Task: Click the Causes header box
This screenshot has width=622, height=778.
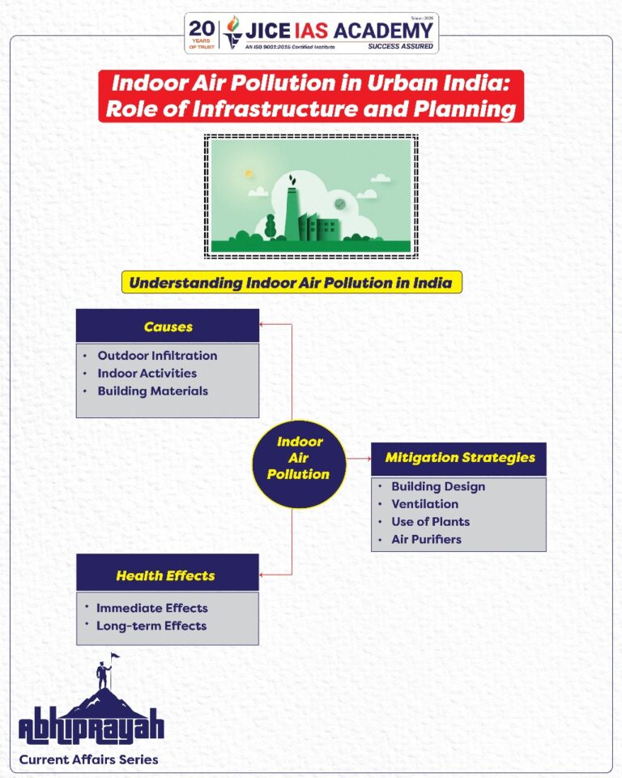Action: (168, 326)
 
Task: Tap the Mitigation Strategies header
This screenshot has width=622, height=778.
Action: (459, 458)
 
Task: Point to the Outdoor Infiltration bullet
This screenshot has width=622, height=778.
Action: (157, 356)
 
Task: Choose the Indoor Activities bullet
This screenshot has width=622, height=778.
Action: (147, 374)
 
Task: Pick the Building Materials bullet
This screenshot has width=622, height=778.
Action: (152, 391)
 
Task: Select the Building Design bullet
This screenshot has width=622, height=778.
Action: (438, 487)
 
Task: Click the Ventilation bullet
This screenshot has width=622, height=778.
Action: (424, 504)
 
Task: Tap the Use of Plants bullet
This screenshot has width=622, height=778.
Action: (430, 522)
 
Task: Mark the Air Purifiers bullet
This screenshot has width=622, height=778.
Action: (426, 540)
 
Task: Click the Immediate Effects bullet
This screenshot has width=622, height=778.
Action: (151, 609)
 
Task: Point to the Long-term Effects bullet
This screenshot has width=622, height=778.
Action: (151, 626)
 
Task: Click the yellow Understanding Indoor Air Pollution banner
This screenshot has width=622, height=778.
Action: (292, 283)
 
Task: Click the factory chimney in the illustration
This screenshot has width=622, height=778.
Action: (292, 211)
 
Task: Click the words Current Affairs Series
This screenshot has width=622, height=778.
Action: (89, 760)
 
